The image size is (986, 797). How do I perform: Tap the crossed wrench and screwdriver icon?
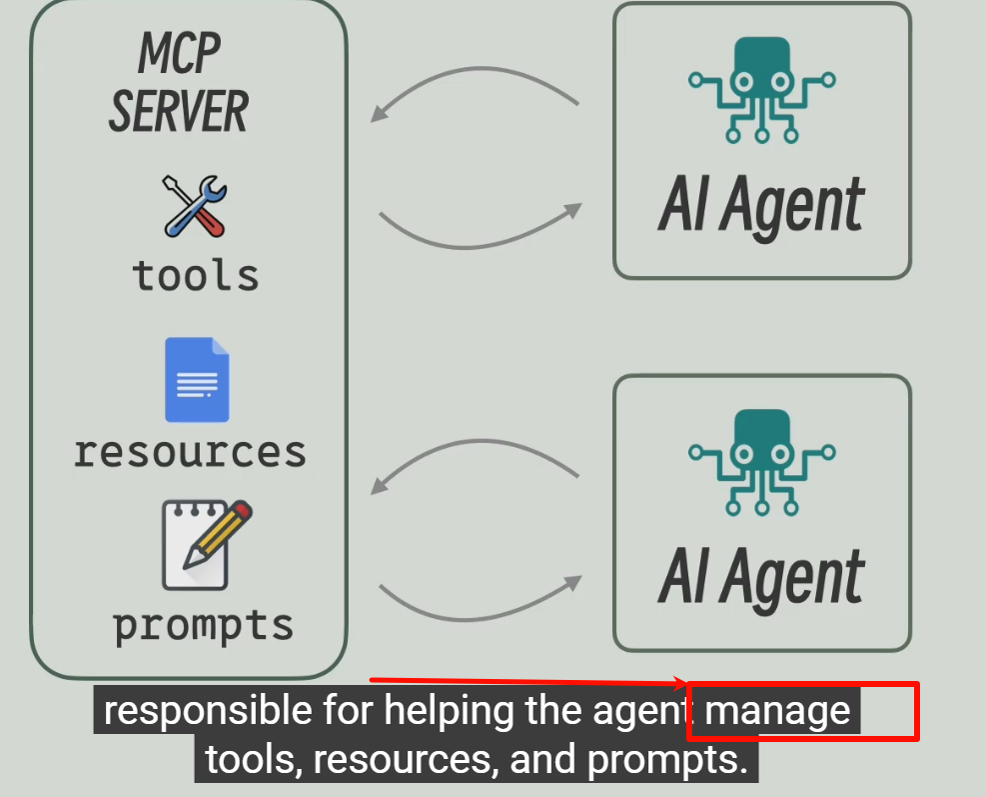tap(196, 206)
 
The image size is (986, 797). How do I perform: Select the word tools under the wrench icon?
tap(196, 275)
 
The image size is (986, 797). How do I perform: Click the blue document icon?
tap(197, 380)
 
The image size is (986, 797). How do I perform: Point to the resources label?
tap(190, 452)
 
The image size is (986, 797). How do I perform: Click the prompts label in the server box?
tap(203, 625)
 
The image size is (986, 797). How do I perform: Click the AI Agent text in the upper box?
tap(761, 206)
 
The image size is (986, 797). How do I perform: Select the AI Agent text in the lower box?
tap(761, 578)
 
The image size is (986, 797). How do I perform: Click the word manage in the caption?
tap(777, 711)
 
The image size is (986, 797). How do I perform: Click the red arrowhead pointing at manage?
tap(682, 685)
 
